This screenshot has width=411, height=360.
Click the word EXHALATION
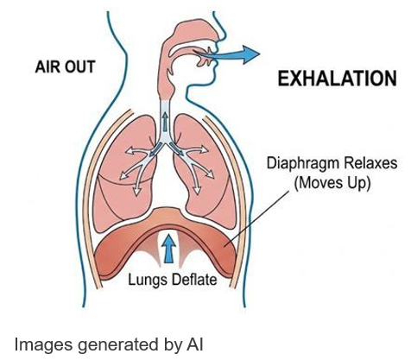[337, 79]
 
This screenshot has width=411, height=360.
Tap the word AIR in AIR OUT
[47, 66]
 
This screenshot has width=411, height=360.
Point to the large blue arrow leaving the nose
[227, 54]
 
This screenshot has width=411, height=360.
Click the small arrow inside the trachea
[165, 121]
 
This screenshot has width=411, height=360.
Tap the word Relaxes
[370, 163]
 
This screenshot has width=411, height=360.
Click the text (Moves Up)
[332, 182]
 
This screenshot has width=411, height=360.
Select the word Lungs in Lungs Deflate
[147, 280]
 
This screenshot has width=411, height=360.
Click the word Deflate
[193, 279]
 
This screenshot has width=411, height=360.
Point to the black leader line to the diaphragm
[256, 218]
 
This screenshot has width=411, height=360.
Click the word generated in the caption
[117, 344]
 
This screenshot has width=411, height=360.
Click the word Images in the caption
[44, 344]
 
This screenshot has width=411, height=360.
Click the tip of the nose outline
[226, 37]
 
